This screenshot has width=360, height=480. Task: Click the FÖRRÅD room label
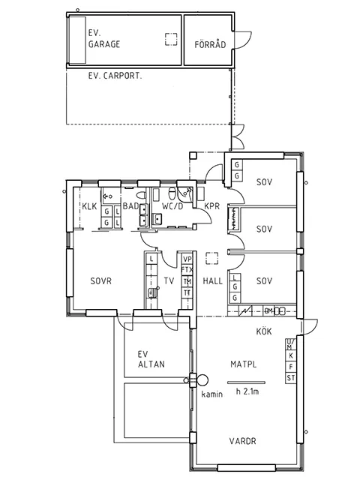pyautogui.click(x=210, y=45)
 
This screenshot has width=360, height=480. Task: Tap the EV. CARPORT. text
pyautogui.click(x=115, y=76)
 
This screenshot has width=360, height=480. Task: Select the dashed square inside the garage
pyautogui.click(x=172, y=39)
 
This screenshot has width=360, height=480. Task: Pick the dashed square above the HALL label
pyautogui.click(x=213, y=256)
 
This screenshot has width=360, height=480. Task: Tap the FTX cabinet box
pyautogui.click(x=187, y=270)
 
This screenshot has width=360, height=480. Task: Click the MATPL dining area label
pyautogui.click(x=244, y=364)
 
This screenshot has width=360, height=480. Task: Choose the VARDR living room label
pyautogui.click(x=241, y=442)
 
